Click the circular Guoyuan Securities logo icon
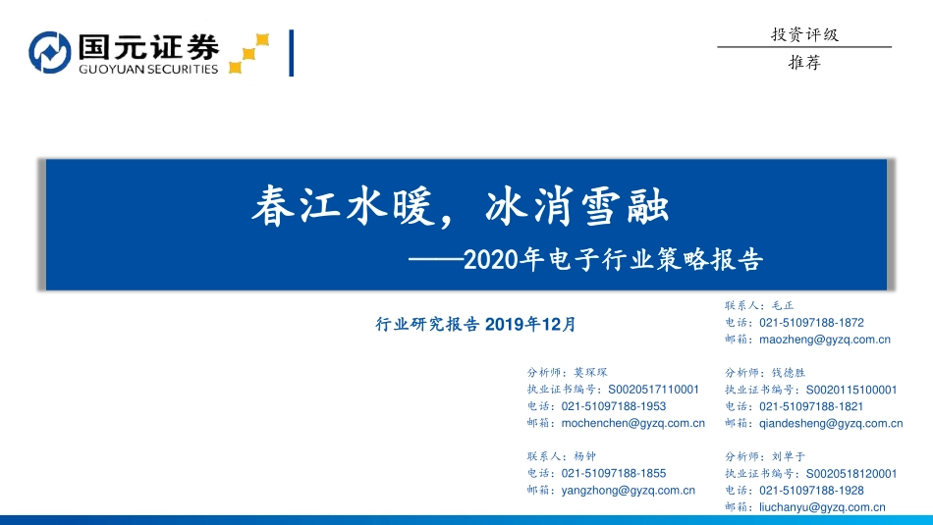(50, 53)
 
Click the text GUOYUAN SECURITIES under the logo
(146, 70)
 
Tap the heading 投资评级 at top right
(804, 34)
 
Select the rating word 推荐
(804, 62)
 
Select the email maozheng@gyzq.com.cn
(825, 340)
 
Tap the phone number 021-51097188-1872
(811, 322)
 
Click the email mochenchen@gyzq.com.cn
(632, 424)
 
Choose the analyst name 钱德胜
(787, 373)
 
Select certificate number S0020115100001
(851, 390)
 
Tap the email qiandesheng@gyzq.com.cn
(831, 424)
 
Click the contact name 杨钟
(584, 456)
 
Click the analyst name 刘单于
(787, 456)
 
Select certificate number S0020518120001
(851, 473)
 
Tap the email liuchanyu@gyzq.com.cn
(822, 507)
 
